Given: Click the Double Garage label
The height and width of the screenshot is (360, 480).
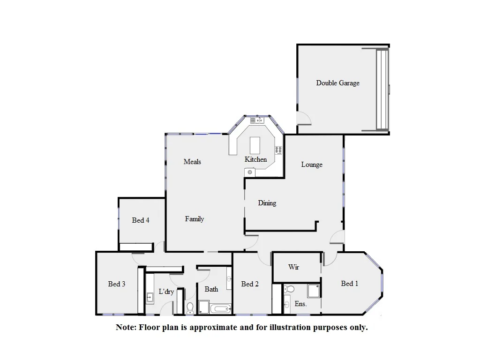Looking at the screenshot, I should pos(337,83).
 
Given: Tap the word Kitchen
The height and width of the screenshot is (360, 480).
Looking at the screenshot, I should pos(255,159).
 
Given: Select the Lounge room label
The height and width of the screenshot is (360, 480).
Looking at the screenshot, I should pos(312,165).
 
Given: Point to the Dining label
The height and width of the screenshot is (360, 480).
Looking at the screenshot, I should pos(267,203).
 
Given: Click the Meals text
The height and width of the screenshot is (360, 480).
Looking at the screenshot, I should pos(192,162).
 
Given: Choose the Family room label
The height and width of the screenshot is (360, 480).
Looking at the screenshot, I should pos(194,219).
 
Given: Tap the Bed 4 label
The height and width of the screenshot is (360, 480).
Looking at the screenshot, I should pos(141,220).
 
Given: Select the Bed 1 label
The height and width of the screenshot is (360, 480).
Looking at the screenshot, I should pos(350,284).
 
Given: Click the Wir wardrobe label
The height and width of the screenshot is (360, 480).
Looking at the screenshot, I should pos(293,267).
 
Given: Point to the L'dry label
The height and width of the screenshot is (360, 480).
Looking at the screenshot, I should pos(166,292).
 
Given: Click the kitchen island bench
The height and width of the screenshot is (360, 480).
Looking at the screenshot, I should pos(255,145).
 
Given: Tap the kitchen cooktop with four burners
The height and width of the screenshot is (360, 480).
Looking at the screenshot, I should pos(278,150).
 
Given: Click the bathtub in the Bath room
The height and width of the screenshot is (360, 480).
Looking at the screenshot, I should pos(220,308).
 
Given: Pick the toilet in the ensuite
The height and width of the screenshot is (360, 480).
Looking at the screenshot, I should pos(289,289).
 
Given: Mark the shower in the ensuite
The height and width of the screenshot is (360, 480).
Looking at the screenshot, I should pos(313,291).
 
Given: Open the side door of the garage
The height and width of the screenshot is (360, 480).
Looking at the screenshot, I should pos(303,118).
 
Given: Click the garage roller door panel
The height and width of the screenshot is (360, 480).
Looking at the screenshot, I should pos(382,89).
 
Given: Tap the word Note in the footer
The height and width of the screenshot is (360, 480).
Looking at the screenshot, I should pos(125,328).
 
